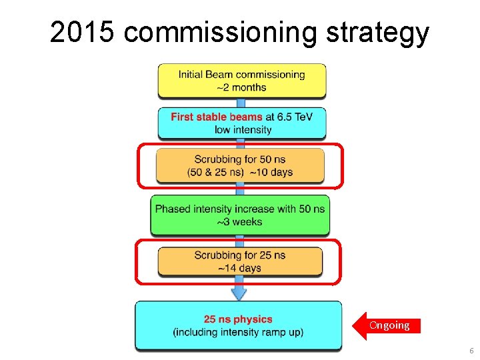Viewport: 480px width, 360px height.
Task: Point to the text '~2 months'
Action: (241, 87)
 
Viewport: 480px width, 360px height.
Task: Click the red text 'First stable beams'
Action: (217, 117)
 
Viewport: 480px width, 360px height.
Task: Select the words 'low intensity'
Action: (243, 129)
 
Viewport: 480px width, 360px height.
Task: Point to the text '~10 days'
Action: (271, 172)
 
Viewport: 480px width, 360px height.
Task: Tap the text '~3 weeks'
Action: (240, 221)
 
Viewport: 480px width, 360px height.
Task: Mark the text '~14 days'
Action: (240, 268)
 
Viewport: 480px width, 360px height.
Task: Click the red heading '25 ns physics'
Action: (238, 319)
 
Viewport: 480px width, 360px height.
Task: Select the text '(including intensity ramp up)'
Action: (238, 332)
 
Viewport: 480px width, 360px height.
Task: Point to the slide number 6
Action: (471, 351)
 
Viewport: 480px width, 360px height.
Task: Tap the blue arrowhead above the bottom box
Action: (239, 293)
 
